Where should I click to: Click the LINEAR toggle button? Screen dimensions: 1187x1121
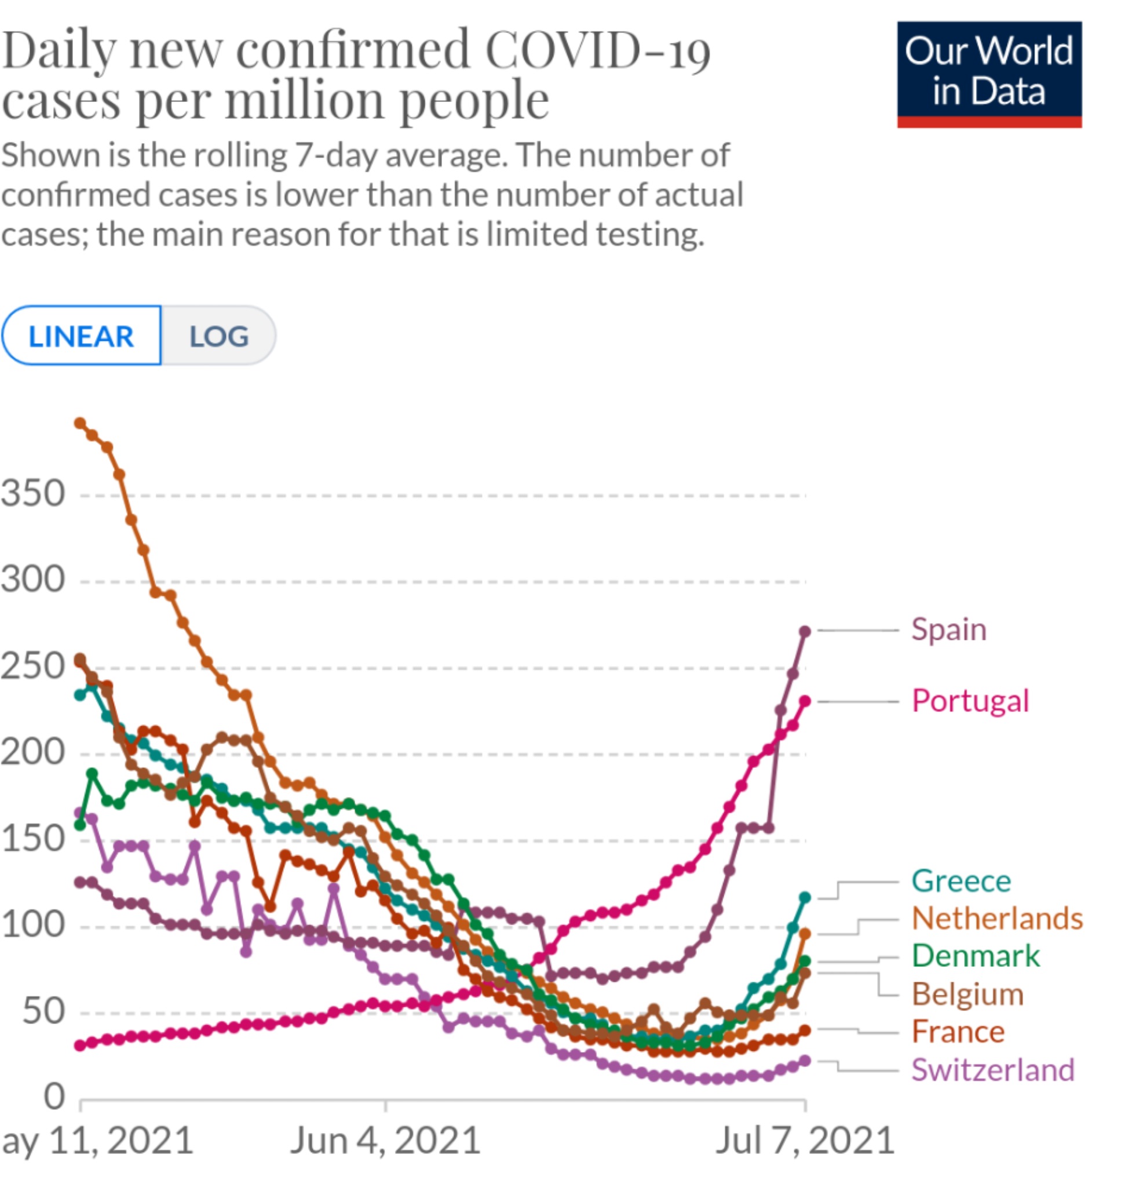81,336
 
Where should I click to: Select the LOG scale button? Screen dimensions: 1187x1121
219,336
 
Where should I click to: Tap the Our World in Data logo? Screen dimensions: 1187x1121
989,74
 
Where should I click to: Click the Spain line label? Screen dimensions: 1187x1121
948,630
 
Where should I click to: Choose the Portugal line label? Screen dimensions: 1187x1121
970,701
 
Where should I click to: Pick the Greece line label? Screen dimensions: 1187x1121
961,882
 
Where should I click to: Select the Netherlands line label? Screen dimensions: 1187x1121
996,919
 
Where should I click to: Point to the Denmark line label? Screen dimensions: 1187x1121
975,956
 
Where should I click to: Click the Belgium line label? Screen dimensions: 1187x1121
967,995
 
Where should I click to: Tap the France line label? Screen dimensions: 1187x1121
958,1032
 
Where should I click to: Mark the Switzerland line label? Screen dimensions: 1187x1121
992,1070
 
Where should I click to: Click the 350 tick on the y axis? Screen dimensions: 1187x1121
34,494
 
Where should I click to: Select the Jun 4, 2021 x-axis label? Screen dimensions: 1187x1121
385,1141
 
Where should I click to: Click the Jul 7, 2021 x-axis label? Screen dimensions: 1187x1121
804,1141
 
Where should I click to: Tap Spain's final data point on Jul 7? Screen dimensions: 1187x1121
805,632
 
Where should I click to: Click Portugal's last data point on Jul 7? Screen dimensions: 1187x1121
805,701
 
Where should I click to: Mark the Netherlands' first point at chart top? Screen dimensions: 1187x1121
79,423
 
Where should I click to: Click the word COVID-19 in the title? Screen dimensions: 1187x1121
597,50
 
